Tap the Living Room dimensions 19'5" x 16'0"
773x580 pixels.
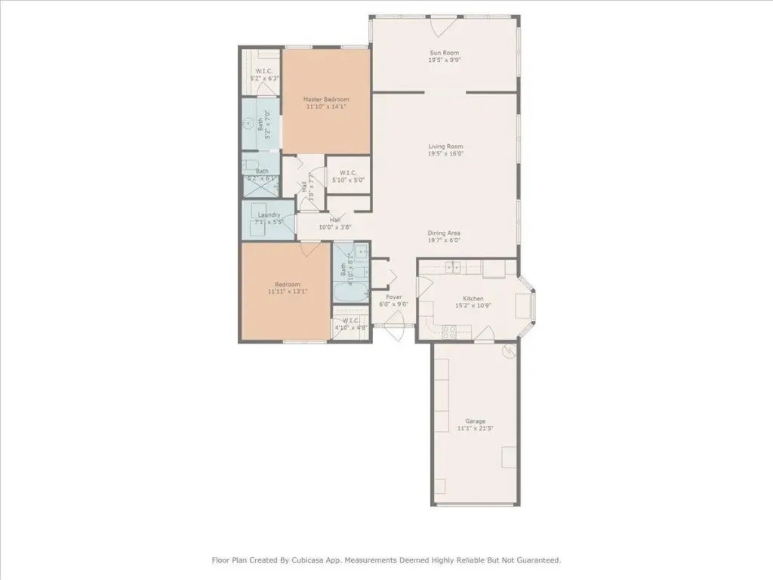pos(445,153)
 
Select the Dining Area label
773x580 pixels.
pos(445,233)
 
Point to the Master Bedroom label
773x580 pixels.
pos(326,99)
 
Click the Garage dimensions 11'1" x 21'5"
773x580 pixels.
pos(475,429)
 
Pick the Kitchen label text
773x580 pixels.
pos(473,298)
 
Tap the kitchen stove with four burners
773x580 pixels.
pos(448,329)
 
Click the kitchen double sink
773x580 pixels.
pos(454,267)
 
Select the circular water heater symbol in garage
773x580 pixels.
pos(509,350)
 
